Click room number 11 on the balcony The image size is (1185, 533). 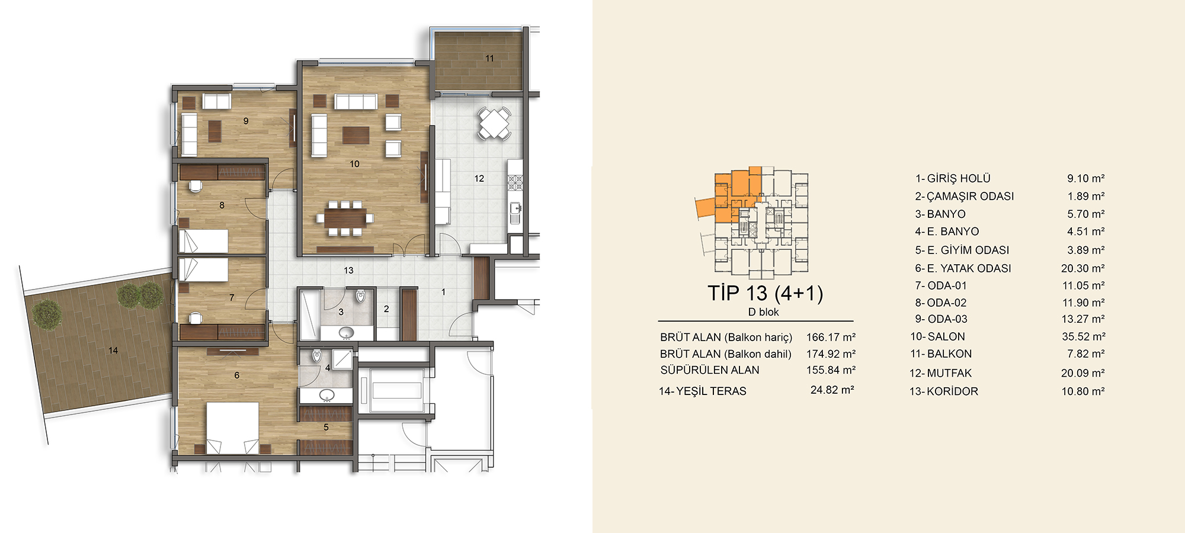coord(489,58)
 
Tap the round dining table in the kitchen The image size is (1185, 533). coord(494,123)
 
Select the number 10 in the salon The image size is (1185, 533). coord(354,164)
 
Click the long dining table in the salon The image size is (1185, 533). coord(345,218)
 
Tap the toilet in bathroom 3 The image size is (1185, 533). coord(360,295)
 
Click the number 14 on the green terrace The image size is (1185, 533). coord(113,351)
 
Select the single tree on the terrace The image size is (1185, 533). coord(47,314)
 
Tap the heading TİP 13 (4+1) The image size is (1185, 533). coord(765,293)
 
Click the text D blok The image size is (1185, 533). coord(763,312)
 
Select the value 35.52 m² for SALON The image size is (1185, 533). coord(1083,336)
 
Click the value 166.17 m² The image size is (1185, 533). coord(831,337)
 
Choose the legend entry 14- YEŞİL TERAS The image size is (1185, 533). coord(703,391)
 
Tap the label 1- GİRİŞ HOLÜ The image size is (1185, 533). coord(953,178)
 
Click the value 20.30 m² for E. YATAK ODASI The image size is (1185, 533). coord(1083,268)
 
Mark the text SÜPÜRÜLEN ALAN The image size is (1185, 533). coord(710,370)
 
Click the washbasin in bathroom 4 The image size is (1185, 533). coord(326,395)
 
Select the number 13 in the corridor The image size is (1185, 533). coord(348,270)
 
